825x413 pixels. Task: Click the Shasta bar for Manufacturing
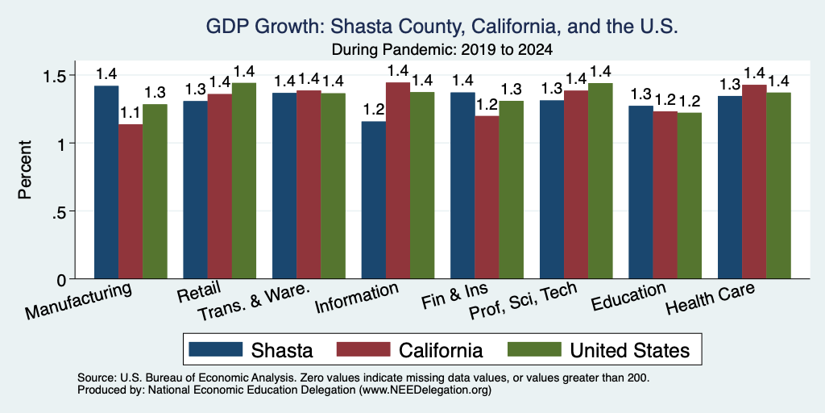pos(106,182)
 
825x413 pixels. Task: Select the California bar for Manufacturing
pos(131,201)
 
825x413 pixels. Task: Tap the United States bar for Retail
pos(244,181)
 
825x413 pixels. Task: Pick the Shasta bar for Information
pos(374,200)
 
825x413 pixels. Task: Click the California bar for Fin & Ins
pos(487,197)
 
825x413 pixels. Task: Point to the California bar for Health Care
pos(754,181)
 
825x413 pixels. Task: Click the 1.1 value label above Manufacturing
pos(131,113)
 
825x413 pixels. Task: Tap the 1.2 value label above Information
pos(373,110)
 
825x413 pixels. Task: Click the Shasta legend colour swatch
pos(216,349)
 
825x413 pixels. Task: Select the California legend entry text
pos(441,350)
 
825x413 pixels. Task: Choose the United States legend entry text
pos(630,350)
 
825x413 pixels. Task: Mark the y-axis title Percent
pos(25,169)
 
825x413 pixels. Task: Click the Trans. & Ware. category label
pos(253,303)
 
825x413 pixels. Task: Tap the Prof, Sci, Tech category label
pos(523,302)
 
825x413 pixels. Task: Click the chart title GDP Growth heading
pos(442,27)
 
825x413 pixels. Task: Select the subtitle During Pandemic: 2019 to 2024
pos(442,50)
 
